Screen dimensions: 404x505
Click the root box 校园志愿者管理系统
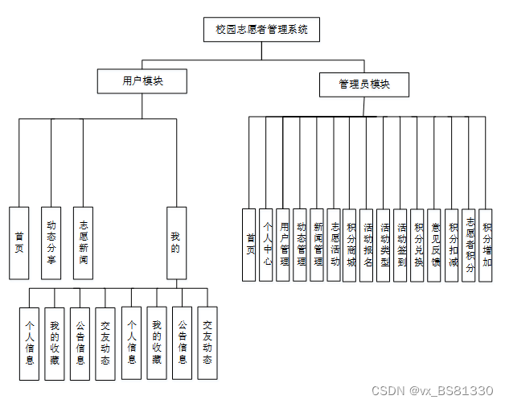[x=261, y=30]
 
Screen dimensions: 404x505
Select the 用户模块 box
[x=142, y=80]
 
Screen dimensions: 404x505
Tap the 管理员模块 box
[x=363, y=84]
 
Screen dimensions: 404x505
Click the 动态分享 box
[x=51, y=242]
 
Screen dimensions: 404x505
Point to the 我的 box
[x=176, y=242]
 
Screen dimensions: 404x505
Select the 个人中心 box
[x=266, y=245]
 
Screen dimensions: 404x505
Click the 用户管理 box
[x=283, y=245]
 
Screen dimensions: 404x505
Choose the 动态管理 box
[x=300, y=245]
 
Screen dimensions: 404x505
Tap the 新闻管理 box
[x=317, y=245]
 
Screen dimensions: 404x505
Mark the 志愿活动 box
[x=334, y=245]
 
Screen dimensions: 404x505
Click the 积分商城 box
[x=350, y=245]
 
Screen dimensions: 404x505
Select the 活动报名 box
[x=367, y=245]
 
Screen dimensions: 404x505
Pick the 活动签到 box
[x=400, y=245]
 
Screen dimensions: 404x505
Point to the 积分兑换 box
[x=417, y=245]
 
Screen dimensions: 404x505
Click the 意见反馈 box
[x=434, y=245]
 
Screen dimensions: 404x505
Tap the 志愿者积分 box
[x=469, y=245]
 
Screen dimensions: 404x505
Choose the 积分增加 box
[x=485, y=245]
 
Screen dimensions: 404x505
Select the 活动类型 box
[x=384, y=245]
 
